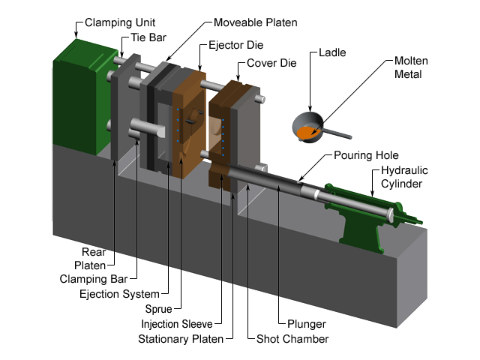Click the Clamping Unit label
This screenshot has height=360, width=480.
tap(115, 22)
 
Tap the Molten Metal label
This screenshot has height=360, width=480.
tap(414, 67)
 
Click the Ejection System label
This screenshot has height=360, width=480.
tap(120, 293)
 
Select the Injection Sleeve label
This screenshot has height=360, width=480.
tap(177, 323)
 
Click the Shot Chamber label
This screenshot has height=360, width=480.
tap(291, 339)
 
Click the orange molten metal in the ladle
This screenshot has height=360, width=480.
tap(307, 132)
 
